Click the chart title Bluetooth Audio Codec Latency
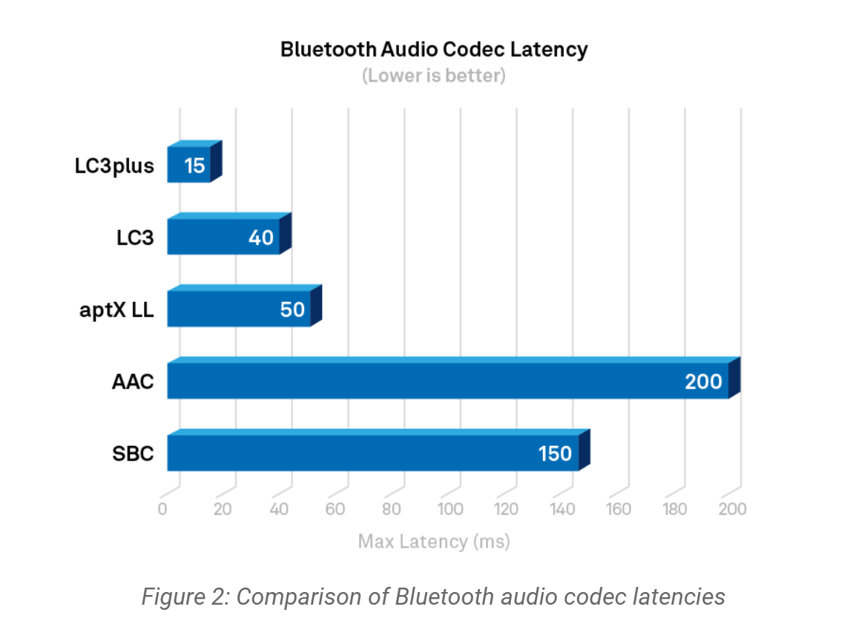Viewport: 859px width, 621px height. coord(434,50)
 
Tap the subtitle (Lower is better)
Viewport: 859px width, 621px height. coord(434,76)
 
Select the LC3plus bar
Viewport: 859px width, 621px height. coord(189,164)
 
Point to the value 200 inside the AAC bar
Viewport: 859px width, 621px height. coord(703,381)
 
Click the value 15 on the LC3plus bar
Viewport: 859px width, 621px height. coord(194,165)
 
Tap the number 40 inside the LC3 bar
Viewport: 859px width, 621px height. coord(261,237)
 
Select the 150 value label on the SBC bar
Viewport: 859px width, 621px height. coord(555,453)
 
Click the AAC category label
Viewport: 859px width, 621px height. coord(133,381)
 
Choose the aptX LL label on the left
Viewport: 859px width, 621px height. coord(117,309)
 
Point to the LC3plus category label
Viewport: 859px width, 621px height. coord(114,165)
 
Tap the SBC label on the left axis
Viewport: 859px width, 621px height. coord(134,453)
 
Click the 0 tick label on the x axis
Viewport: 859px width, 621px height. coord(162,509)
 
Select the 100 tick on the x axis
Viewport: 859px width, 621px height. coord(450,509)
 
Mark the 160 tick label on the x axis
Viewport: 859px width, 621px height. coord(618,509)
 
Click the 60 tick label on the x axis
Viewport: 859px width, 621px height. coord(335,509)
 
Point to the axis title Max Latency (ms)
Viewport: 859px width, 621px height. coord(434,541)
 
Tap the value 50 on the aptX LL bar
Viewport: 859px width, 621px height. coord(292,309)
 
